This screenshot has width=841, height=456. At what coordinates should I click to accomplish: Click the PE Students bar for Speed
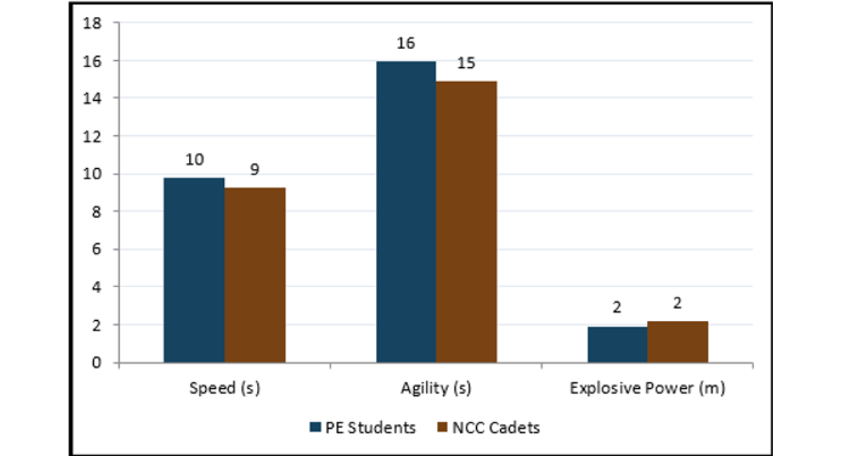point(194,270)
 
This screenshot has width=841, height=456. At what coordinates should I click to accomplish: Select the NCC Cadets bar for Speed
point(256,275)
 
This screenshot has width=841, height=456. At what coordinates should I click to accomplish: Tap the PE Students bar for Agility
point(406,212)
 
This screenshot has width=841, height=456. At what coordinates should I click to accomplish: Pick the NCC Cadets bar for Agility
point(466,222)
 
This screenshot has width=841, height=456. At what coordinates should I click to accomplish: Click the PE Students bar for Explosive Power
point(618,345)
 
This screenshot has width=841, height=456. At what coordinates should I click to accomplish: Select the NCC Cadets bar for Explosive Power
point(678,342)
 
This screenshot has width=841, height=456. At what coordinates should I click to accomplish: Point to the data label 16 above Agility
point(406,43)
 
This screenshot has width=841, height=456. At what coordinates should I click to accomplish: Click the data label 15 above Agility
point(466,63)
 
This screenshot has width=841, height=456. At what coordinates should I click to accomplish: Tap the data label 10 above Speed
point(195,160)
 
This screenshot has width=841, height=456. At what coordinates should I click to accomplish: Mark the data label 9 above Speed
point(255,170)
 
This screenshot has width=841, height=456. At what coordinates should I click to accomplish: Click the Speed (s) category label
point(225,388)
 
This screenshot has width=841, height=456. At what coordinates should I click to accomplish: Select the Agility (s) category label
point(436,388)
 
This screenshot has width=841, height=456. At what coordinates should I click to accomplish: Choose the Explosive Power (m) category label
point(648,388)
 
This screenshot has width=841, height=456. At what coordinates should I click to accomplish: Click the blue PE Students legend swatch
point(315,427)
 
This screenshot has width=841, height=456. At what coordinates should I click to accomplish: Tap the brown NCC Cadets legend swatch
point(443,427)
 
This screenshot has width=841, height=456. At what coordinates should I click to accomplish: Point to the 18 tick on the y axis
point(92,23)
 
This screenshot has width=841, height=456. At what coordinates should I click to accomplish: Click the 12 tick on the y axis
point(92,137)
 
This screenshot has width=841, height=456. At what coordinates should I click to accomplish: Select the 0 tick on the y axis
point(97,363)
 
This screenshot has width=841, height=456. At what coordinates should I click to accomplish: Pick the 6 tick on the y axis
point(97,249)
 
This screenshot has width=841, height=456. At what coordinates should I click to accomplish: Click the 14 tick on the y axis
point(92,98)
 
